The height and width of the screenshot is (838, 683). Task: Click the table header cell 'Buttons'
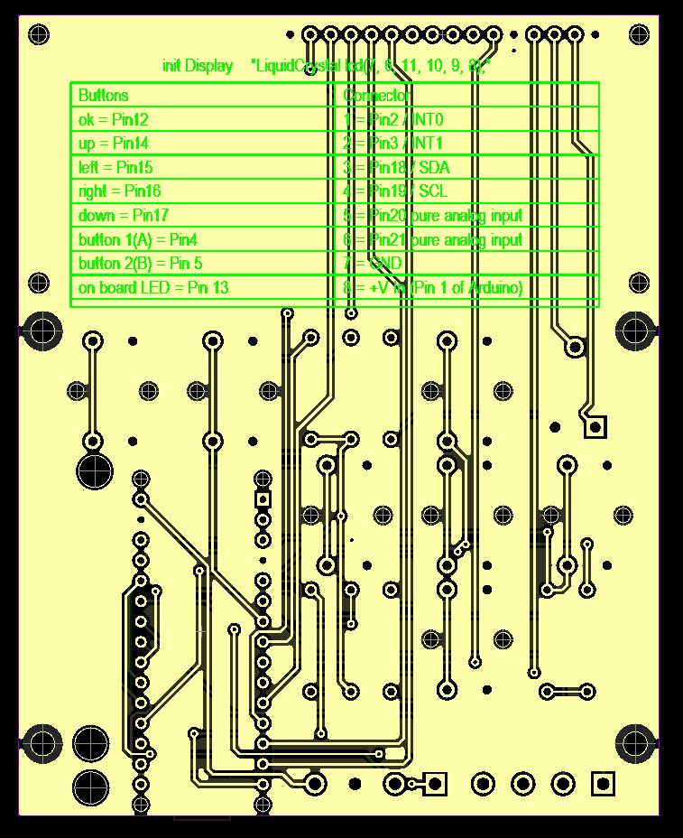[x=104, y=95]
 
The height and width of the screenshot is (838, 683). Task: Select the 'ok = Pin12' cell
[x=114, y=119]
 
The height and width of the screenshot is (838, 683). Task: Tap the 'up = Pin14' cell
[x=114, y=143]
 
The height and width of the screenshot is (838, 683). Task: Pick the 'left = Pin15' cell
[x=115, y=167]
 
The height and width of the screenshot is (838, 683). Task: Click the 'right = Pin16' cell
[x=120, y=191]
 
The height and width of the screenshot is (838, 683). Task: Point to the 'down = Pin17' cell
[x=124, y=215]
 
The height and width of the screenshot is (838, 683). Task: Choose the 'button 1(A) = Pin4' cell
[x=137, y=239]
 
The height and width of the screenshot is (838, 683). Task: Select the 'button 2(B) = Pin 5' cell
[x=140, y=264]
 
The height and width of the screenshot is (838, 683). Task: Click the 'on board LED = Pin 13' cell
[x=153, y=288]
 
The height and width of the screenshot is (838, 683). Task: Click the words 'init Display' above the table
[x=198, y=66]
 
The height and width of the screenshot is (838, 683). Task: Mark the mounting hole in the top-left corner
[x=38, y=35]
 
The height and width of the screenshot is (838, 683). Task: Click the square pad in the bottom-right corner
[x=603, y=783]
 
